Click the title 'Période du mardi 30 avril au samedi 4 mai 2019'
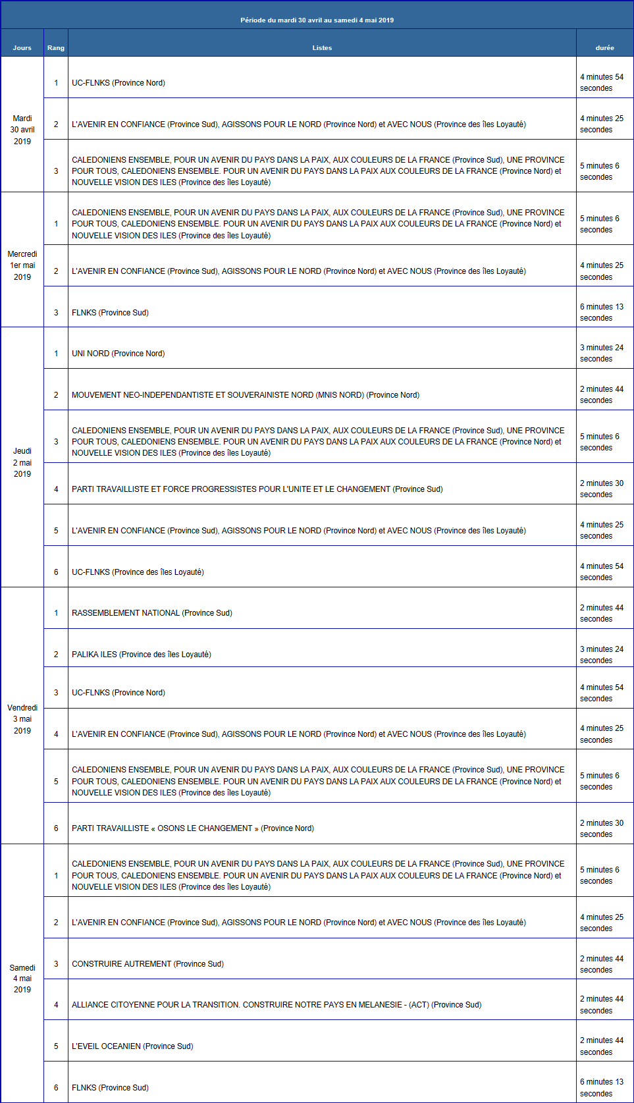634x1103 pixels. click(317, 20)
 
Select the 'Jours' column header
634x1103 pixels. click(22, 47)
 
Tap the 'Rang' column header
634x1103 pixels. click(56, 47)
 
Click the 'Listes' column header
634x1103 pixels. click(322, 47)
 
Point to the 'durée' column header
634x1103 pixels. click(604, 47)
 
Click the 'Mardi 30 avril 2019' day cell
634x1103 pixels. click(22, 130)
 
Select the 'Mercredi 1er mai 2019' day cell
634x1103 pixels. click(22, 265)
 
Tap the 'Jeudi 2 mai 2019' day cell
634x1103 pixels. click(22, 462)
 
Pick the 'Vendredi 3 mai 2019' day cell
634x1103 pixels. click(22, 719)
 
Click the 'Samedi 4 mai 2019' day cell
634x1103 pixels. click(22, 979)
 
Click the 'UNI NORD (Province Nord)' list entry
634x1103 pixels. click(119, 354)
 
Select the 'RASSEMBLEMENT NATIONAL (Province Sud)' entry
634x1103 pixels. click(152, 613)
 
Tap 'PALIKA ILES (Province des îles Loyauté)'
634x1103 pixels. click(142, 655)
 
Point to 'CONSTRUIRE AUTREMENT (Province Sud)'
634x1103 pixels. click(147, 964)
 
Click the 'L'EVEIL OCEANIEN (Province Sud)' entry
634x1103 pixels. click(132, 1046)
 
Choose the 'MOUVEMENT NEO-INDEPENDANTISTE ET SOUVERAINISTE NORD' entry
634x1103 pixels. click(246, 395)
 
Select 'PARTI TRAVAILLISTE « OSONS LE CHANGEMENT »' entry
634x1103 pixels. click(193, 828)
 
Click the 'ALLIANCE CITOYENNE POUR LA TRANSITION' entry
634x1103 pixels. click(277, 1005)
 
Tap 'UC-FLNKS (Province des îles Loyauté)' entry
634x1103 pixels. click(138, 572)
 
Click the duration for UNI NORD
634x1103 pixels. click(601, 353)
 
